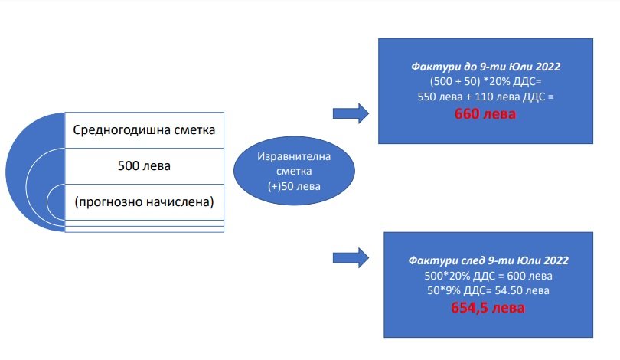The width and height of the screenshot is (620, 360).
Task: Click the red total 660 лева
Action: coord(485,115)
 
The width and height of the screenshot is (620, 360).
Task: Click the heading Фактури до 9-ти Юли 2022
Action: coord(485,67)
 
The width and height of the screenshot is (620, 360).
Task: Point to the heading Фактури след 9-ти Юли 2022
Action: coord(488,260)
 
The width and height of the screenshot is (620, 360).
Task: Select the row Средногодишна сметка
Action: coord(144,129)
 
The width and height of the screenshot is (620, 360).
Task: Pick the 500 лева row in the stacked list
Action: coord(144,165)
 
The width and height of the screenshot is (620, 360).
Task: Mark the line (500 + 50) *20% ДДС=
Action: coord(485,82)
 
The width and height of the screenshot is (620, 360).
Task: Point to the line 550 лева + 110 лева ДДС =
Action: coord(485,97)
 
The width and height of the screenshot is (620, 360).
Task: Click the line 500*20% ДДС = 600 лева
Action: coord(488,276)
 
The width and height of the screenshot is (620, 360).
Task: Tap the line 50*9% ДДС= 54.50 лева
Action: coord(488,290)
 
